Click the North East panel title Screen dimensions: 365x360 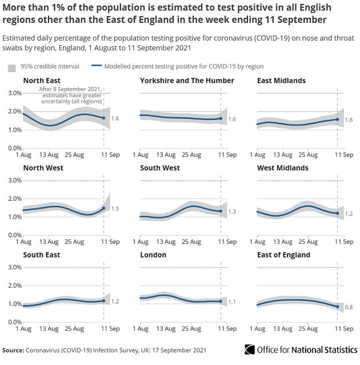(x=42, y=81)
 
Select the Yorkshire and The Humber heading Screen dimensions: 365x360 (x=187, y=81)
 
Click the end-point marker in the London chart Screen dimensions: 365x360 (x=221, y=301)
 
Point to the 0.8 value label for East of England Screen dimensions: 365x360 (x=349, y=308)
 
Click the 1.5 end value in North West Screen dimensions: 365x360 (x=115, y=209)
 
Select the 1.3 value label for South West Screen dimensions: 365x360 (x=232, y=212)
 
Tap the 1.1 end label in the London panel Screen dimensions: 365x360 (x=232, y=301)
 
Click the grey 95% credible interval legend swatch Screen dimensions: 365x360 (x=11, y=67)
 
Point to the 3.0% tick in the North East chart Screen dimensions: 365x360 (x=14, y=93)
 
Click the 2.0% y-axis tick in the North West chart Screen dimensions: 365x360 (x=14, y=199)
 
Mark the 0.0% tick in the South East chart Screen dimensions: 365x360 (x=14, y=323)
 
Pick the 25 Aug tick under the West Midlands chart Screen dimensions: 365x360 (x=308, y=242)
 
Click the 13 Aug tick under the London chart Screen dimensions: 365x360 (x=166, y=329)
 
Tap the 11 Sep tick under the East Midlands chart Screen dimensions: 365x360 (x=344, y=155)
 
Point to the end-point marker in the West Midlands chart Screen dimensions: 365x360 (x=338, y=213)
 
